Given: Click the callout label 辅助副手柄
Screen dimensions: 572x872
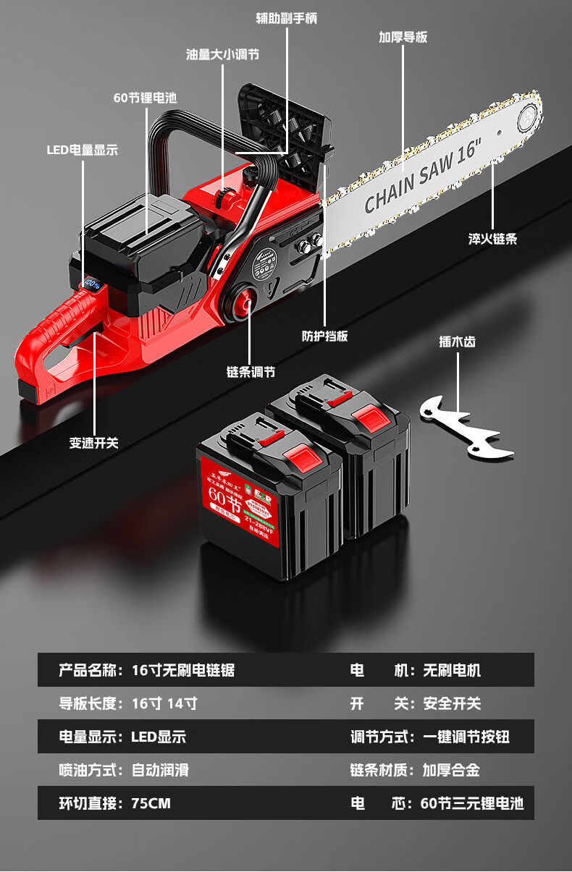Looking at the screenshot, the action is click(287, 18).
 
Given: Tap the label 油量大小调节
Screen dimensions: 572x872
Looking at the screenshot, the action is click(223, 54).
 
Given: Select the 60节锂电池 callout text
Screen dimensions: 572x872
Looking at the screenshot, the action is click(145, 98).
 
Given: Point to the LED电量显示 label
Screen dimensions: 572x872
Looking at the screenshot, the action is click(82, 150).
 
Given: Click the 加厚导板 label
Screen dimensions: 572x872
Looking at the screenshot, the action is click(403, 37).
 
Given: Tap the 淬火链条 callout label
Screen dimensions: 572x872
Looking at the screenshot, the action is click(492, 239).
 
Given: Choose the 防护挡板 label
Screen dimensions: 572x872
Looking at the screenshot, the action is click(324, 336).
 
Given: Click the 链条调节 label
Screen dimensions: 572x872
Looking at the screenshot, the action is click(251, 372).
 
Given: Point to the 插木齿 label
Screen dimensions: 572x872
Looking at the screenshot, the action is click(457, 342).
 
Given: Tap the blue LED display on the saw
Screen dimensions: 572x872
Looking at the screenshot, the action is click(91, 284).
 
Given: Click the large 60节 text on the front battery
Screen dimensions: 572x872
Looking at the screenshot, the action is click(218, 495).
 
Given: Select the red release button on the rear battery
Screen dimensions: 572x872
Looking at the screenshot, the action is click(369, 418).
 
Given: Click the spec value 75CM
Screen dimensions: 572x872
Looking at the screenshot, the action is click(151, 803).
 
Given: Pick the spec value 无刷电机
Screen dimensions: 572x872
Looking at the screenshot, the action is click(452, 670).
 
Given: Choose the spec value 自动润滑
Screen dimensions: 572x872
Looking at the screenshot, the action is click(160, 770).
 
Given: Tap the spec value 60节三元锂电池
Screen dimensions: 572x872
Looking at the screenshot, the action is click(471, 803).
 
